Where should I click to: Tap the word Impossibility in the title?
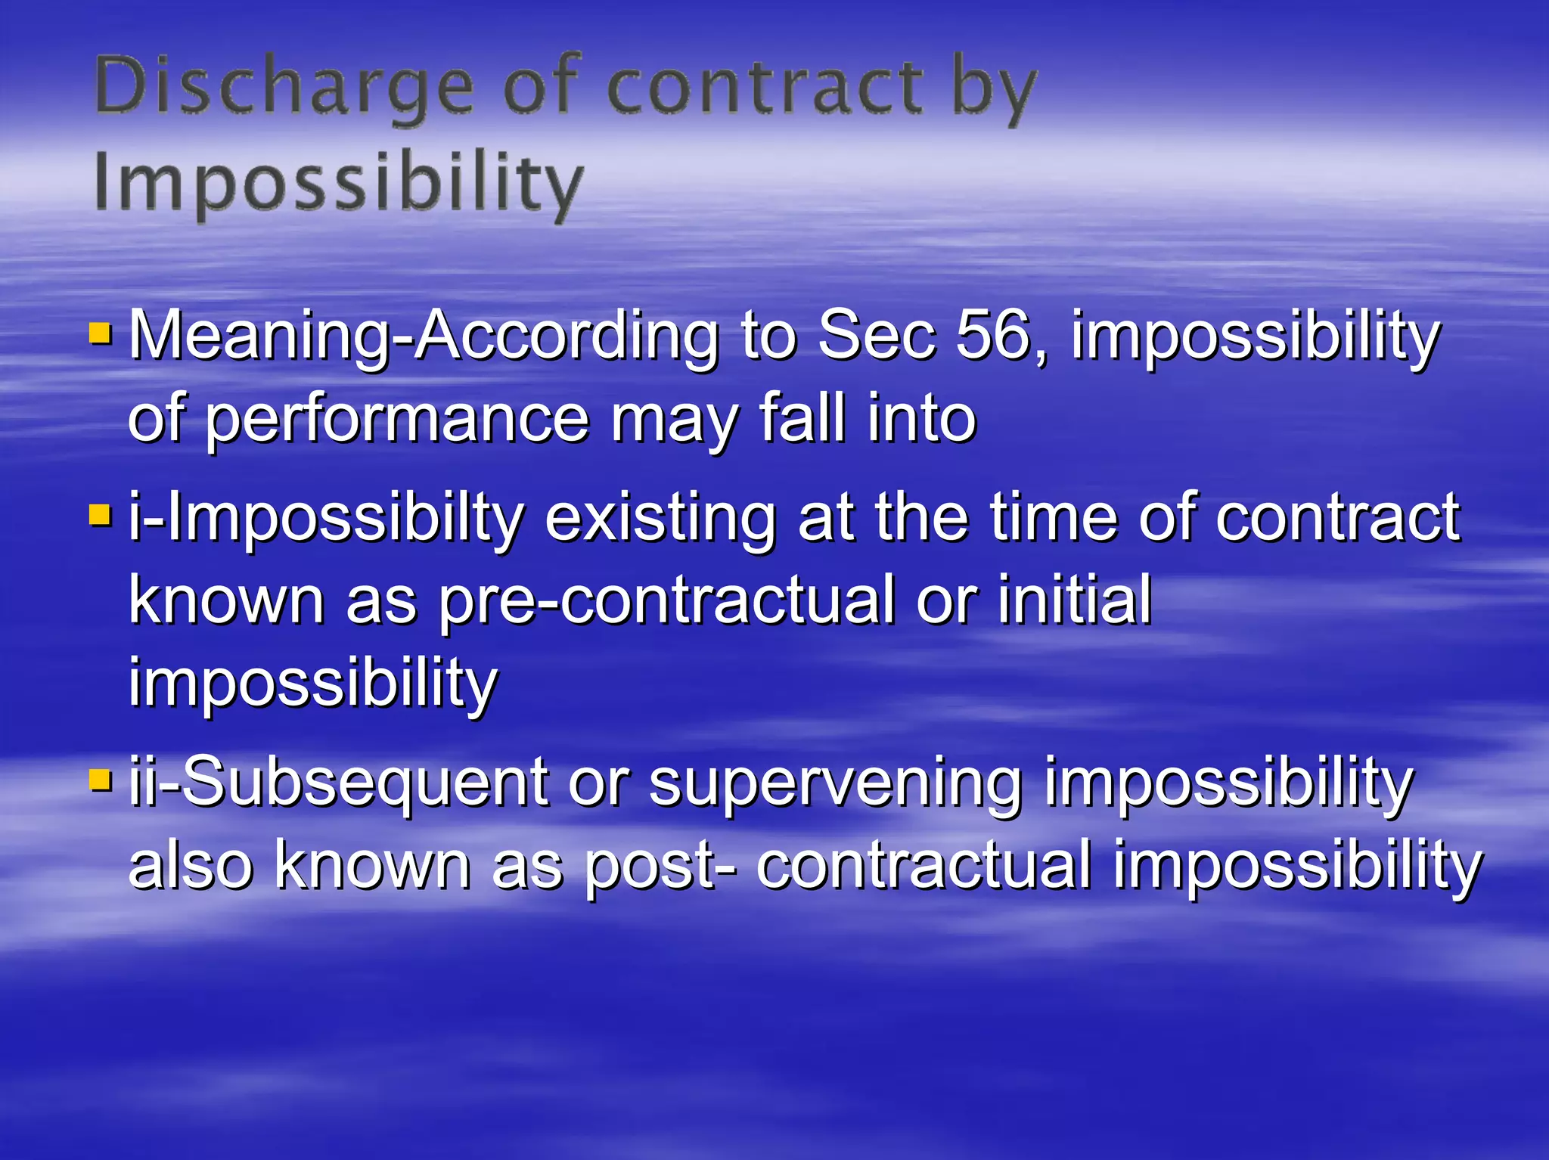tap(338, 184)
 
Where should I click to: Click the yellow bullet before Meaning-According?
tap(100, 333)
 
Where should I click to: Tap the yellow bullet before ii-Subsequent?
tap(100, 780)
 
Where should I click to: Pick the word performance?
tap(397, 420)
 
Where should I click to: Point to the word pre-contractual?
tap(666, 600)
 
